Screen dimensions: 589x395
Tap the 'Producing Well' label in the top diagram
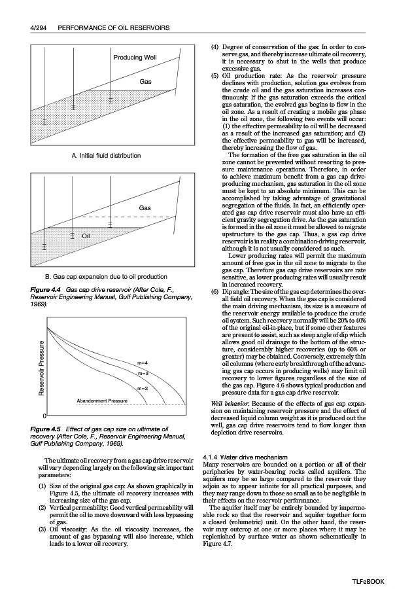coord(136,58)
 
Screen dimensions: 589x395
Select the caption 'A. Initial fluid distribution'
coord(106,156)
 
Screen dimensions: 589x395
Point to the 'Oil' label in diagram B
coord(86,236)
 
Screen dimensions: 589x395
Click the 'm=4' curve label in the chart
coord(143,363)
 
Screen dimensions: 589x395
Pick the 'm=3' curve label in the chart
coord(143,374)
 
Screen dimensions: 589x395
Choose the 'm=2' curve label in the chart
coord(143,389)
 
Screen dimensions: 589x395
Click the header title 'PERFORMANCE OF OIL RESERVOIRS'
coord(114,28)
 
